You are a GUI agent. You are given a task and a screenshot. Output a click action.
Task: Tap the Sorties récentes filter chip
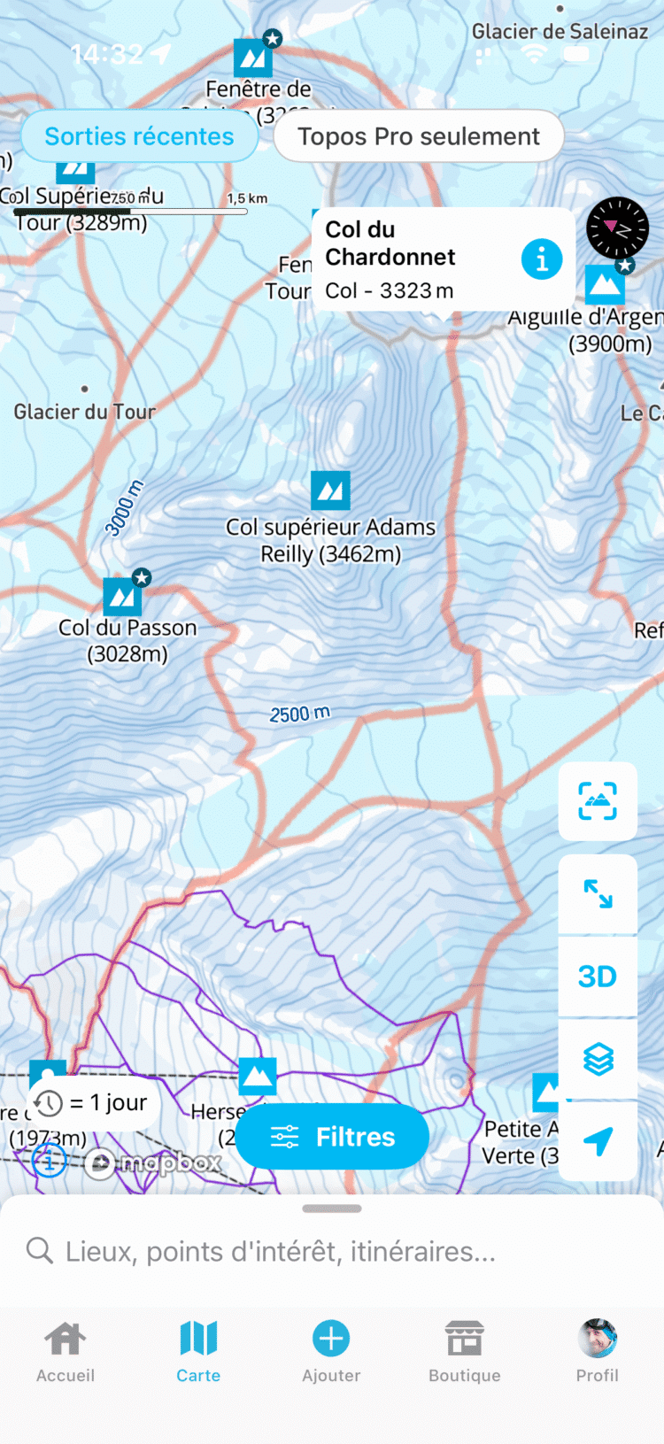[139, 136]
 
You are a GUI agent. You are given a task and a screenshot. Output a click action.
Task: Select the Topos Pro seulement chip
[418, 136]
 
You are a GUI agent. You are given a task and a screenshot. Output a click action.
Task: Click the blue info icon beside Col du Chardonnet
[542, 259]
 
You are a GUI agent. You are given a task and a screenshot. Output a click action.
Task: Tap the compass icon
[617, 228]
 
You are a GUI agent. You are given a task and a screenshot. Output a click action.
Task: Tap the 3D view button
[598, 977]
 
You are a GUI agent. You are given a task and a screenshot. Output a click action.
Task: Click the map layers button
[598, 1059]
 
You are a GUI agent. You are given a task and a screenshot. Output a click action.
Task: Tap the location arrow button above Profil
[598, 1141]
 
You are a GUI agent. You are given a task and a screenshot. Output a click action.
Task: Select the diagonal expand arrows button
[598, 894]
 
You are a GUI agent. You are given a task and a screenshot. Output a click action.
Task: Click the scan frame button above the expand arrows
[598, 801]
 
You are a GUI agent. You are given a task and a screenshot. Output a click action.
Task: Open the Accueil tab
[66, 1351]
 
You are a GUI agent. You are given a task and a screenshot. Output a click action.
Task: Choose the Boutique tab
[464, 1351]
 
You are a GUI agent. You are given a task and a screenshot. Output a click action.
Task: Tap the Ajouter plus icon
[331, 1339]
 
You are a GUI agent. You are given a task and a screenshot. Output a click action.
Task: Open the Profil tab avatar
[598, 1339]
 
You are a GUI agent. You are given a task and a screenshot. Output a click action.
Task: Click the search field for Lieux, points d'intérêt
[332, 1251]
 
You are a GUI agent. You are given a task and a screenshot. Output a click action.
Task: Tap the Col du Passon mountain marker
[123, 597]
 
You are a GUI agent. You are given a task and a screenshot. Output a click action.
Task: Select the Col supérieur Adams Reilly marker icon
[330, 490]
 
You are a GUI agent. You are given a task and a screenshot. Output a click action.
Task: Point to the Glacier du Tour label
[85, 412]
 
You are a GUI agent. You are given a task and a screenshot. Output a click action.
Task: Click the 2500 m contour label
[300, 714]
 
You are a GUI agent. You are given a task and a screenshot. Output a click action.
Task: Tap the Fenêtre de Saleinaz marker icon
[253, 58]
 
